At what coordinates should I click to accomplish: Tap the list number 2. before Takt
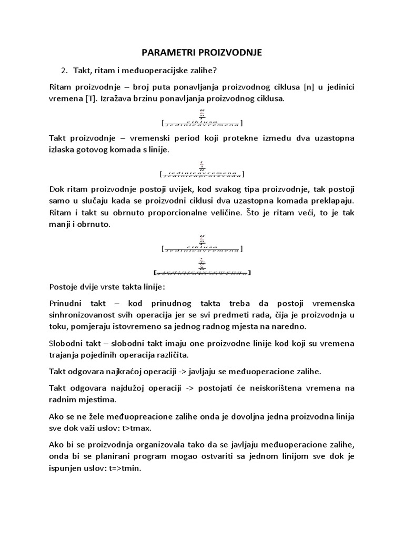point(65,71)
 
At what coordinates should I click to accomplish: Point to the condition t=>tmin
point(130,466)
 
